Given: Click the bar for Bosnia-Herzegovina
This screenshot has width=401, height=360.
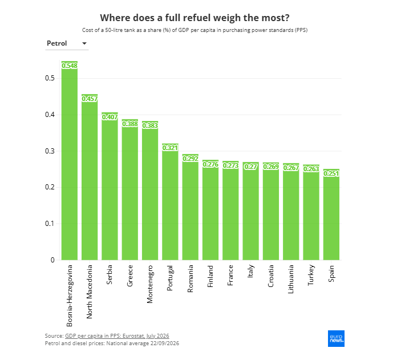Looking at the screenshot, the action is click(70, 160).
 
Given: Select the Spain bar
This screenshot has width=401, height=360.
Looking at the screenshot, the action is click(331, 215).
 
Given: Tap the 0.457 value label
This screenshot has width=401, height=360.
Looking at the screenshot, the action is click(90, 99).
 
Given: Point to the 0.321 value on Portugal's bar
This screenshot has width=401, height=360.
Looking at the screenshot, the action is click(170, 148).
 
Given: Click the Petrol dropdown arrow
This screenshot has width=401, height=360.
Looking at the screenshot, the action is click(84, 43).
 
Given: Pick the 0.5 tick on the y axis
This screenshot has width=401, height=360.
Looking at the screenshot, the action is click(50, 78).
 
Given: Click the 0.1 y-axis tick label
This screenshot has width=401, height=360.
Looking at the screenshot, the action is click(50, 224).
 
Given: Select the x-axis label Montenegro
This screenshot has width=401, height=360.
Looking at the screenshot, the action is click(150, 284).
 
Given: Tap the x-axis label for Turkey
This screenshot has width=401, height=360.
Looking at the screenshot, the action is click(311, 275).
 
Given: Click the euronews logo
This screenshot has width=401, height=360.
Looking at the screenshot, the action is click(336, 338).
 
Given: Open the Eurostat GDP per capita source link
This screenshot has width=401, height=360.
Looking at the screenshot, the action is click(117, 335).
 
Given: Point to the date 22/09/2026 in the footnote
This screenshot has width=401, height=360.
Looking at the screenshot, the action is click(165, 343).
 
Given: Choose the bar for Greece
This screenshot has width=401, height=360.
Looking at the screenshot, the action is click(130, 189).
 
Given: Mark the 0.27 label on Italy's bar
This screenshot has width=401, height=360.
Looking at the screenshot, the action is click(250, 167).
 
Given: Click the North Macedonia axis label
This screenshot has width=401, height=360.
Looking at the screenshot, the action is click(89, 292).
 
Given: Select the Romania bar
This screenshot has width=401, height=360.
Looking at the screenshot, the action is click(191, 207).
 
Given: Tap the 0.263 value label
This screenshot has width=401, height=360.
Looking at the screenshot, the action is click(311, 169).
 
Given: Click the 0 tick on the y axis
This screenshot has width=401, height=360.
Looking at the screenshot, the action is click(52, 260).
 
